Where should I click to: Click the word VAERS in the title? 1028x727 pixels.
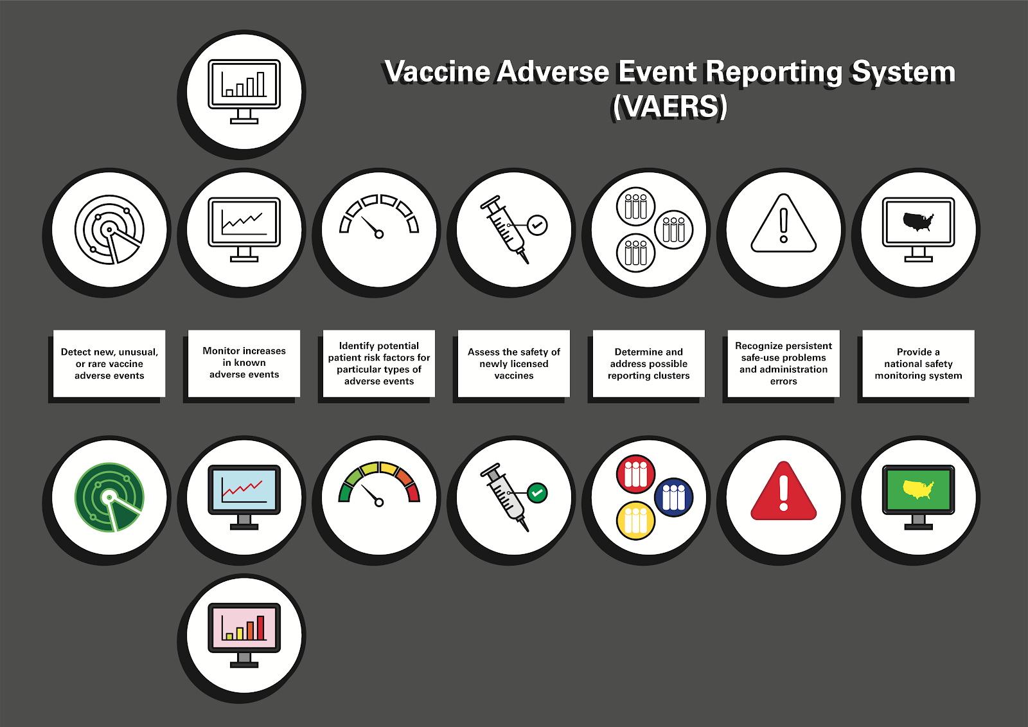pyautogui.click(x=670, y=107)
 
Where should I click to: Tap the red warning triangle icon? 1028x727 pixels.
pyautogui.click(x=783, y=490)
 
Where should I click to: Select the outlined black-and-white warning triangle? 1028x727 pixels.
pyautogui.click(x=783, y=223)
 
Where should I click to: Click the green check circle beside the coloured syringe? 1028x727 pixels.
pyautogui.click(x=537, y=493)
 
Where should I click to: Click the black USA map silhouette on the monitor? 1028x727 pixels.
pyautogui.click(x=918, y=222)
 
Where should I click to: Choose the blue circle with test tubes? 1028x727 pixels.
pyautogui.click(x=674, y=497)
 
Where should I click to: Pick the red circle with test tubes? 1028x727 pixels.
pyautogui.click(x=635, y=474)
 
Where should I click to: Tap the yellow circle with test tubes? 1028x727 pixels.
pyautogui.click(x=635, y=520)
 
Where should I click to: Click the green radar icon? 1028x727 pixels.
pyautogui.click(x=109, y=498)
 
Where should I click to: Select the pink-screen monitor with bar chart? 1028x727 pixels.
pyautogui.click(x=244, y=635)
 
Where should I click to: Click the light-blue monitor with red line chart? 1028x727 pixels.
pyautogui.click(x=244, y=498)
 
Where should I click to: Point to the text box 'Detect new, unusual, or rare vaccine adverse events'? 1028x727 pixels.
pyautogui.click(x=109, y=363)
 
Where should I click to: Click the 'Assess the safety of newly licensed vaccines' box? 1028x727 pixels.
pyautogui.click(x=514, y=363)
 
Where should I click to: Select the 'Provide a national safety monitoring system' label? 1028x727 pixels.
pyautogui.click(x=918, y=363)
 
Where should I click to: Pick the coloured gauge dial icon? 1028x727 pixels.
pyautogui.click(x=379, y=485)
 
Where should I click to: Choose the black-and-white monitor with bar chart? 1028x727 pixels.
pyautogui.click(x=244, y=91)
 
